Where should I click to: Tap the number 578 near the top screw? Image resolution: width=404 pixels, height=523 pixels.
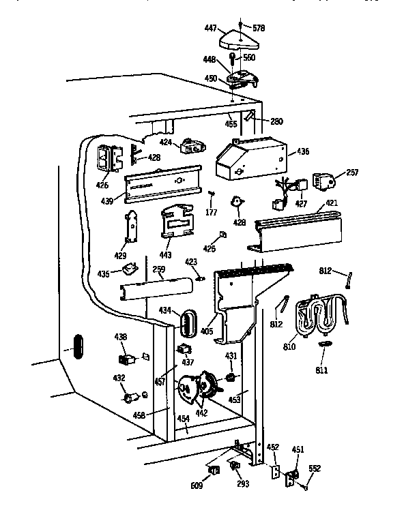click(x=259, y=28)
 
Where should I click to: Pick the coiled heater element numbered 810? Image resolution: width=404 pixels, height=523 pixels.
click(x=319, y=315)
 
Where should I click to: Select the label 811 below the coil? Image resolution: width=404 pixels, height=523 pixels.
click(x=321, y=370)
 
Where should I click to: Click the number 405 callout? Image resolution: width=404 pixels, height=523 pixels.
click(x=207, y=331)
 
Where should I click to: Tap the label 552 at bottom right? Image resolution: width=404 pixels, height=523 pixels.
click(x=315, y=468)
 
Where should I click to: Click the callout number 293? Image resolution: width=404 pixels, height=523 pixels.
click(x=243, y=484)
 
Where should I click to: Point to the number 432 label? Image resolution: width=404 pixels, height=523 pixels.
click(x=119, y=377)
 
